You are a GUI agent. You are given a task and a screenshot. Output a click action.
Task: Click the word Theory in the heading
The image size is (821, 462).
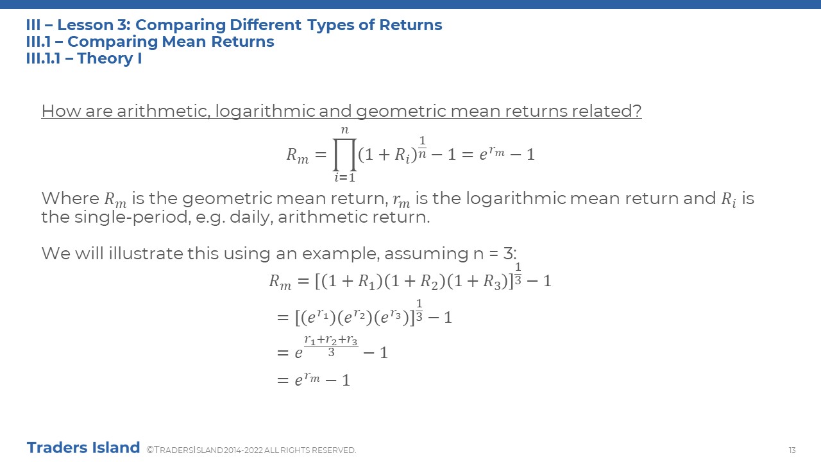point(105,58)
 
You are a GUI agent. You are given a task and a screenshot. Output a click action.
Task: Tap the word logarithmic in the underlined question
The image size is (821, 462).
point(265,112)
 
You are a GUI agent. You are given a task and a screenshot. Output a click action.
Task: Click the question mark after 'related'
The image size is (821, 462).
point(638,111)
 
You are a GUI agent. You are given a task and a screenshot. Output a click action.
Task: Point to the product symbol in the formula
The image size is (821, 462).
point(344,155)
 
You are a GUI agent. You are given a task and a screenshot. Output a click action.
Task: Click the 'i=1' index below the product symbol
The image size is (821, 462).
point(344,178)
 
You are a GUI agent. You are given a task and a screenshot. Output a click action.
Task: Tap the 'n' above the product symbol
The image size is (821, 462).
point(344,130)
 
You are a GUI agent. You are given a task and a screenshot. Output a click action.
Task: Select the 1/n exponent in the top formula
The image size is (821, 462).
point(422,148)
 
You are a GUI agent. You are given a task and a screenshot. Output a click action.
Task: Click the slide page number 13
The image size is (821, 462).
point(792,450)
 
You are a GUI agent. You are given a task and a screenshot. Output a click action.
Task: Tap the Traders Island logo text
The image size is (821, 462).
point(83,448)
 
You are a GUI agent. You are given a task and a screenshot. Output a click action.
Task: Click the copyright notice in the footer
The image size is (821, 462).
point(251,450)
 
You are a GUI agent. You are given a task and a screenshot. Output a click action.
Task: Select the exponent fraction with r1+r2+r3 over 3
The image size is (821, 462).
point(331,346)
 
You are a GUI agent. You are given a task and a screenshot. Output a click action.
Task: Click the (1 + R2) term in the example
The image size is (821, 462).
point(414,282)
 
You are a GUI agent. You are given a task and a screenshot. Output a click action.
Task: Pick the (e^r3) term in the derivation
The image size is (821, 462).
point(391,317)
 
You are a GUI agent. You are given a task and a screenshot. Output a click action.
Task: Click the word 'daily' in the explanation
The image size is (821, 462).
point(251,218)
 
